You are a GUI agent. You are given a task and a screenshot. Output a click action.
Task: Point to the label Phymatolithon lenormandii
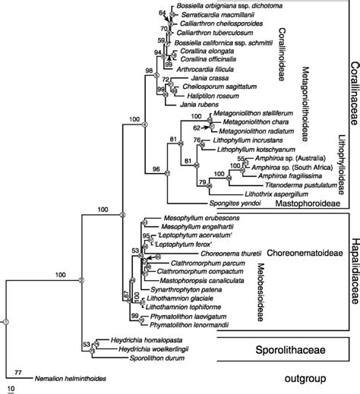click(188, 324)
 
